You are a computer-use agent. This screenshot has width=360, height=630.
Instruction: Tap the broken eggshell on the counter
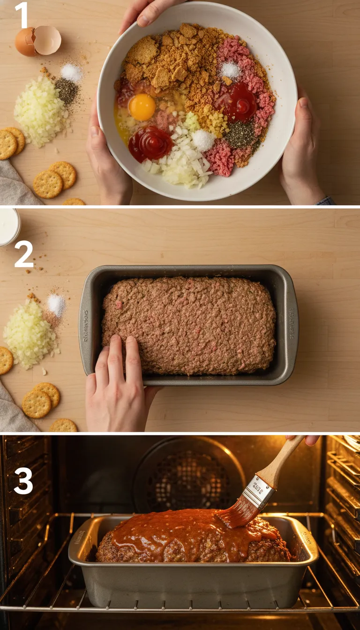click(38, 41)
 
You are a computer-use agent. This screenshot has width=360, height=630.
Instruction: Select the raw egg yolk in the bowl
click(142, 107)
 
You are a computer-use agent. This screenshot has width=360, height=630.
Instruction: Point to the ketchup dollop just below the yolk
click(150, 143)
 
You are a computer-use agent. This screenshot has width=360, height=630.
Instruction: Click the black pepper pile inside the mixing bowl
click(240, 135)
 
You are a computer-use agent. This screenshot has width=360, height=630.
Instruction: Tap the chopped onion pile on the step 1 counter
click(40, 111)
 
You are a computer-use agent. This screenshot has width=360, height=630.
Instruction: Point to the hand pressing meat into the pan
click(117, 380)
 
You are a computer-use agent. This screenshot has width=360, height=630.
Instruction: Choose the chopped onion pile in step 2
click(30, 334)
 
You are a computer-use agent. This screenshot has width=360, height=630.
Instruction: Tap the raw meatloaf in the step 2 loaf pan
click(192, 323)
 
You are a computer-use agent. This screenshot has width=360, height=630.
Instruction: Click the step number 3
click(23, 480)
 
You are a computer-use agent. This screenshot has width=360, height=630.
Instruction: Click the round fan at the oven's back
click(187, 478)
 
